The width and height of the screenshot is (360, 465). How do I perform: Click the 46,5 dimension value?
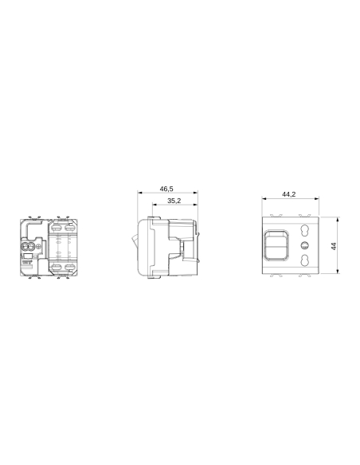click(166, 189)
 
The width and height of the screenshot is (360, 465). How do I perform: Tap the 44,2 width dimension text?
click(289, 194)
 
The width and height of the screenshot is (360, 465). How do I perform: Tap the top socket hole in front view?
click(302, 232)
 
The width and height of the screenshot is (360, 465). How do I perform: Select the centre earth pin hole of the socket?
click(302, 246)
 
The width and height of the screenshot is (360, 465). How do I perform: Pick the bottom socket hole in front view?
click(302, 261)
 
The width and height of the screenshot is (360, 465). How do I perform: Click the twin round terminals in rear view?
click(30, 248)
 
